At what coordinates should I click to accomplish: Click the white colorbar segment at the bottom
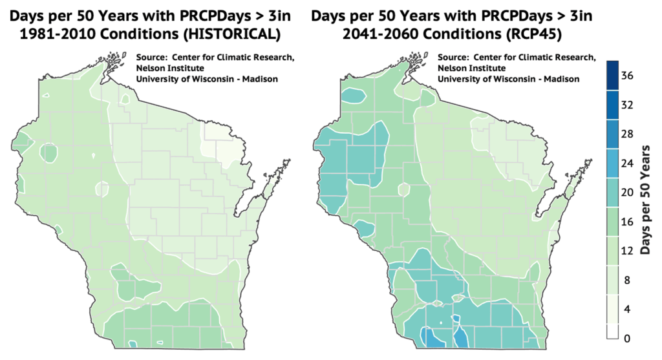(x=613, y=330)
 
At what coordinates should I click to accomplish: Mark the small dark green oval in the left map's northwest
(x=49, y=153)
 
